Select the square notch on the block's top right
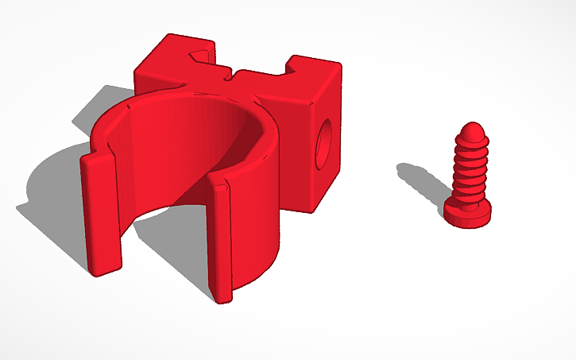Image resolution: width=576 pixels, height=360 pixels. tap(303, 62)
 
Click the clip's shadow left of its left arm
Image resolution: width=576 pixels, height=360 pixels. tap(56, 199)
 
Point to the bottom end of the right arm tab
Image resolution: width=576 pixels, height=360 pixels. tap(222, 298)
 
